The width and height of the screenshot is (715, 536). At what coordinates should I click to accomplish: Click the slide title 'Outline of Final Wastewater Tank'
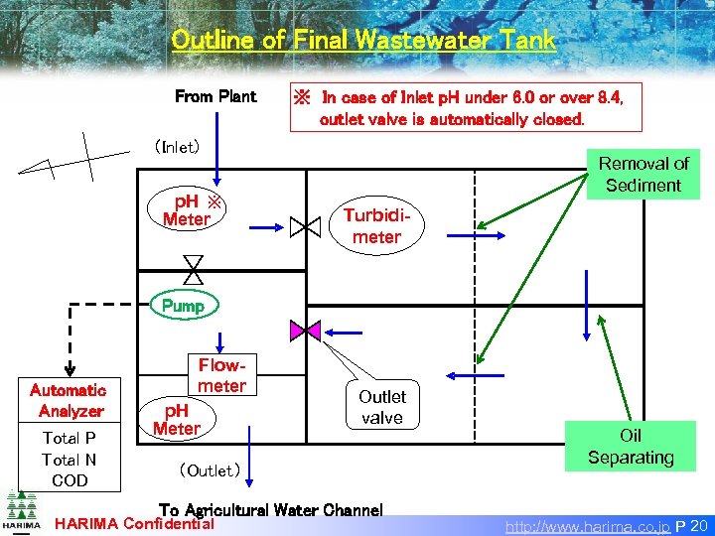[x=363, y=41]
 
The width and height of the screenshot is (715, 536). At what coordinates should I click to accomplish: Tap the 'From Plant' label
[x=214, y=97]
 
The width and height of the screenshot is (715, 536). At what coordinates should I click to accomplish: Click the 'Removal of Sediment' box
[x=643, y=174]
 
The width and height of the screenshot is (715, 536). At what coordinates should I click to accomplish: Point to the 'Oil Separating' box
[x=631, y=446]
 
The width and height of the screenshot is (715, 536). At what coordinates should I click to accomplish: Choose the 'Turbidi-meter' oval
[x=376, y=226]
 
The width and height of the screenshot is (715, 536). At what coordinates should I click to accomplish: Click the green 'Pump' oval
[x=183, y=306]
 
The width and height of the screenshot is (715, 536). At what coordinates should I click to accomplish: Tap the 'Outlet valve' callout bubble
[x=382, y=406]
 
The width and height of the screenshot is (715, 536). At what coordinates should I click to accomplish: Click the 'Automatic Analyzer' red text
[x=69, y=400]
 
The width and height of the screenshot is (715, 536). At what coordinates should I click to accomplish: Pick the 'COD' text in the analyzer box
[x=70, y=480]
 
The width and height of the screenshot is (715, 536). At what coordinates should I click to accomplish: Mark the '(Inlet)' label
[x=177, y=147]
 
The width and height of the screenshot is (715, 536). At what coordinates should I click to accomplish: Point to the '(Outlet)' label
[x=208, y=469]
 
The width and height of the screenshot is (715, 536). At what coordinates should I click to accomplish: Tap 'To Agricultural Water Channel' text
[x=270, y=510]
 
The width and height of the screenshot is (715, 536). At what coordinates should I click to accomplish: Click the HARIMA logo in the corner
[x=21, y=511]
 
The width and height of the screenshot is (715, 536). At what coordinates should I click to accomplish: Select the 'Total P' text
[x=70, y=438]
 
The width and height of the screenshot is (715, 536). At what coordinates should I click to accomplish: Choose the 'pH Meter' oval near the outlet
[x=176, y=419]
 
